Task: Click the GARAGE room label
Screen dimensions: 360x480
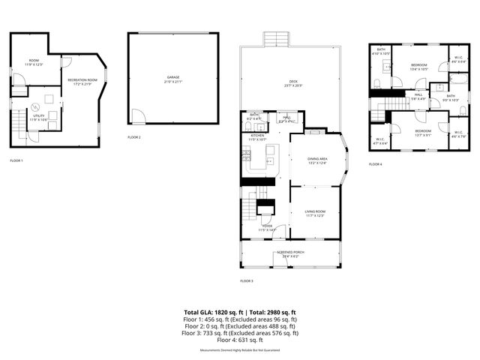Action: click(x=174, y=78)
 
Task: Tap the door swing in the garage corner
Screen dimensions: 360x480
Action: click(x=136, y=117)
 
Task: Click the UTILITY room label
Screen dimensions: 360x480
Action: click(x=38, y=117)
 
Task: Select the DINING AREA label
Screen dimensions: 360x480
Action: click(x=318, y=160)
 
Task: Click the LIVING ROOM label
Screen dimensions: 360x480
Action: click(x=314, y=214)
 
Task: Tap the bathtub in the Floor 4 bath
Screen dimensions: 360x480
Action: click(x=457, y=79)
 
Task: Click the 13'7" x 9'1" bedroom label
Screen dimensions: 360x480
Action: click(x=423, y=133)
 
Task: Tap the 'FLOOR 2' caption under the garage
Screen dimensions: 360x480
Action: click(x=134, y=137)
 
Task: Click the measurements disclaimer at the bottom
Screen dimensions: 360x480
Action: click(x=240, y=350)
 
